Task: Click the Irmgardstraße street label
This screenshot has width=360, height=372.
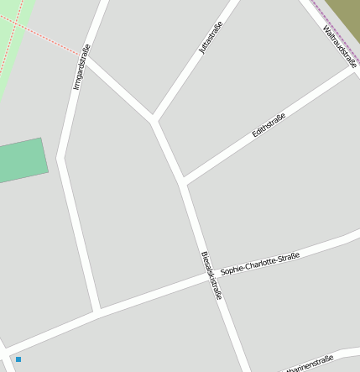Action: click(81, 68)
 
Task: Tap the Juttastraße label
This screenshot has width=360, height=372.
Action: click(211, 39)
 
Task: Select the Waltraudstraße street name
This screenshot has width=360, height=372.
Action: click(340, 46)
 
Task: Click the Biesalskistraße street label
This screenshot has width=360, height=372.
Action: click(212, 275)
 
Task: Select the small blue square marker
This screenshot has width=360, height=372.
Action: click(18, 359)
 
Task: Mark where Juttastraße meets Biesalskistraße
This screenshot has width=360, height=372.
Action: click(154, 120)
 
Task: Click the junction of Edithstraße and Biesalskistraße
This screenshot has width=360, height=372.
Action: click(183, 181)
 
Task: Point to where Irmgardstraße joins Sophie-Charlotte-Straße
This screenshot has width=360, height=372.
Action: click(98, 313)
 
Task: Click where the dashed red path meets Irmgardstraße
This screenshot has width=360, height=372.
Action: click(87, 56)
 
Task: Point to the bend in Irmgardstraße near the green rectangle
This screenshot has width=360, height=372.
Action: click(61, 157)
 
